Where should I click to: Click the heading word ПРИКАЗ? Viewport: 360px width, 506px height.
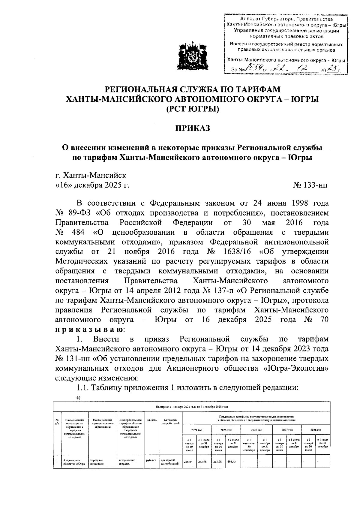pos(193,128)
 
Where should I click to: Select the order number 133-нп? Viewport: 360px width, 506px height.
pos(310,185)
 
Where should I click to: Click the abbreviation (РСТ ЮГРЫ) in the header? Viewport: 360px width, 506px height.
pos(193,109)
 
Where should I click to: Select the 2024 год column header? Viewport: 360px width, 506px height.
pos(197,430)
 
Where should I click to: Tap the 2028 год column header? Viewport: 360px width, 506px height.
pos(316,430)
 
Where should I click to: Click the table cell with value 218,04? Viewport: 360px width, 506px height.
pos(189,462)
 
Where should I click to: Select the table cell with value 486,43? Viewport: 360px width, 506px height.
pos(233,462)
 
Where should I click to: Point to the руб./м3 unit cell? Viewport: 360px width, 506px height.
pos(151,460)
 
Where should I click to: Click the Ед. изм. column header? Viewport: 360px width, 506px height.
pos(151,420)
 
